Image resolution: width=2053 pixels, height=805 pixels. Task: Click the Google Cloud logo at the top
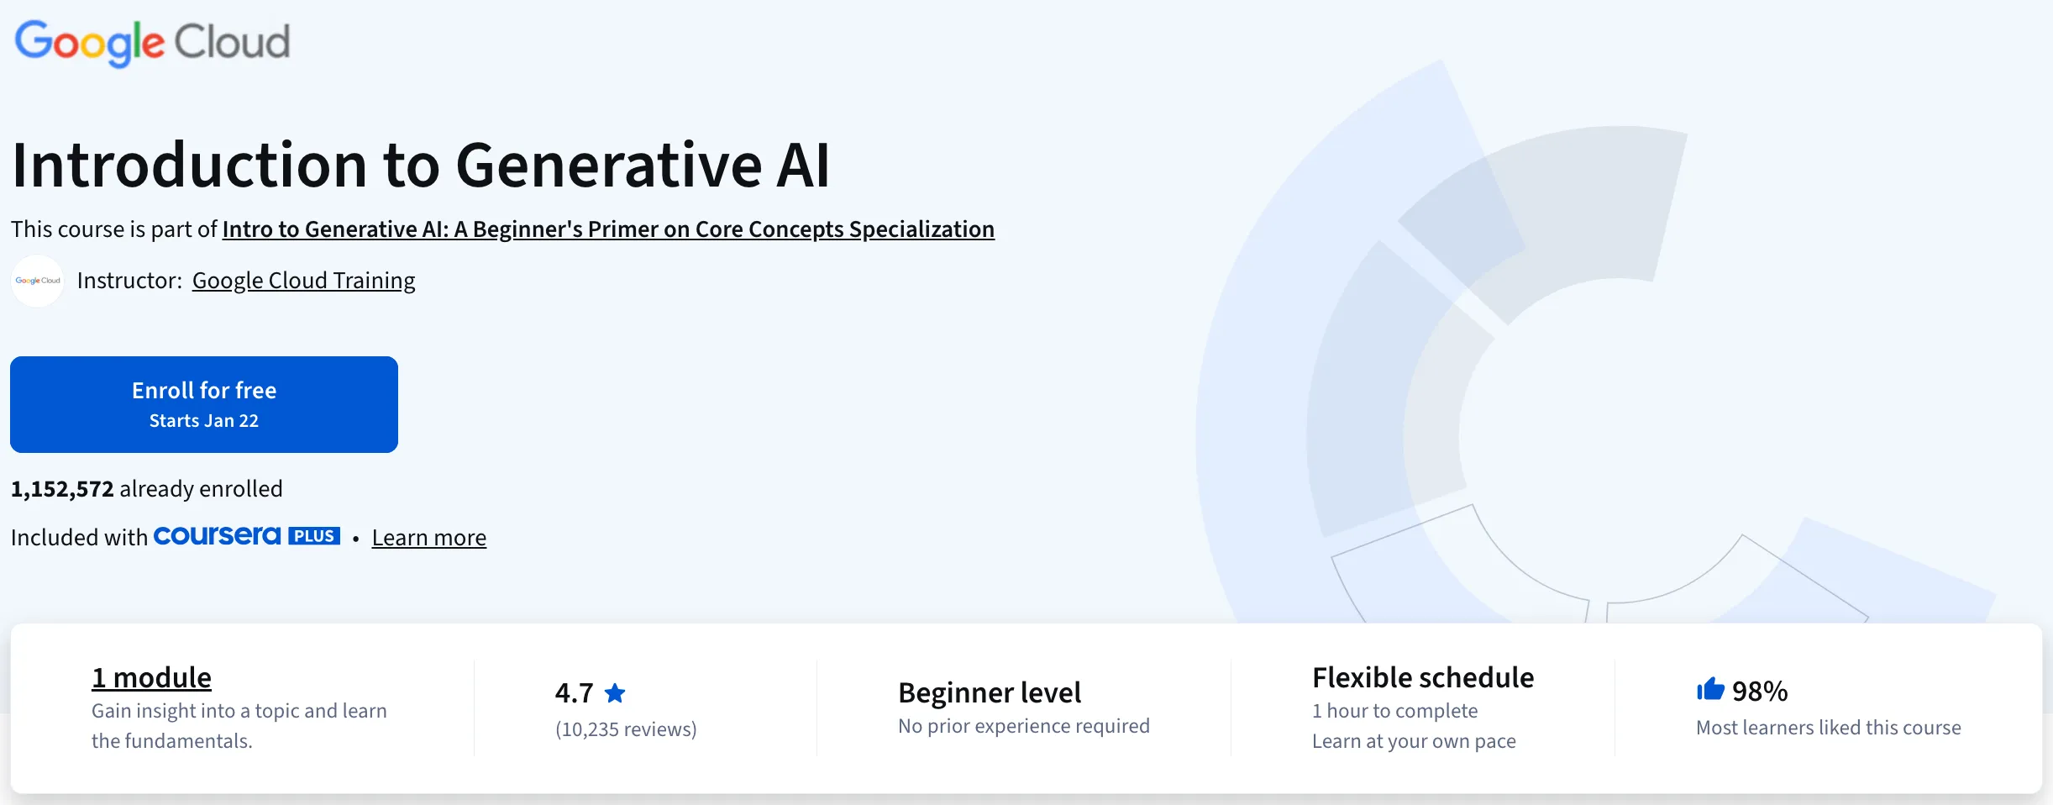152,42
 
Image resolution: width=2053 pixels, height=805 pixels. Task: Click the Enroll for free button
204,404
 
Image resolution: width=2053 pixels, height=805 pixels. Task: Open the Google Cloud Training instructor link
303,281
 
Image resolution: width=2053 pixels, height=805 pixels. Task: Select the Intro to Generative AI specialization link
608,229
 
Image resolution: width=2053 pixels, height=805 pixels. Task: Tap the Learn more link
428,538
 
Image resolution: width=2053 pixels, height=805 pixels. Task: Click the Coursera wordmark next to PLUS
217,536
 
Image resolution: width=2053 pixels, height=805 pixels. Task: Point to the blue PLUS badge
314,536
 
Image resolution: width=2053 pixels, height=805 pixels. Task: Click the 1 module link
151,677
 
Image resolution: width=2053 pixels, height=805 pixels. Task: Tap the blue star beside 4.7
615,693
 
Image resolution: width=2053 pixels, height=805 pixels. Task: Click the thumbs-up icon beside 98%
1709,690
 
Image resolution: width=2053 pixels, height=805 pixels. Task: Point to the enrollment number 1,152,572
62,489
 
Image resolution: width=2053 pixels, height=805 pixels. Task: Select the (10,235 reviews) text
626,729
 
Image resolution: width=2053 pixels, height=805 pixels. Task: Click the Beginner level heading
989,692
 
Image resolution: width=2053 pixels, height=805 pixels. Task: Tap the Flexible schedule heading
1422,677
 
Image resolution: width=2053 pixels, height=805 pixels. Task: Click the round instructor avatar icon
38,281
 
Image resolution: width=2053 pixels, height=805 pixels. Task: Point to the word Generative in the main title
608,165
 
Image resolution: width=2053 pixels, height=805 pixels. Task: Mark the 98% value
1760,692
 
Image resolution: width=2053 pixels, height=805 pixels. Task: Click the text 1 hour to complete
1394,711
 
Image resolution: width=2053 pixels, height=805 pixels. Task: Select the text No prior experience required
1023,726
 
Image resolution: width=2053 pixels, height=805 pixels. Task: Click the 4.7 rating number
574,693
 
